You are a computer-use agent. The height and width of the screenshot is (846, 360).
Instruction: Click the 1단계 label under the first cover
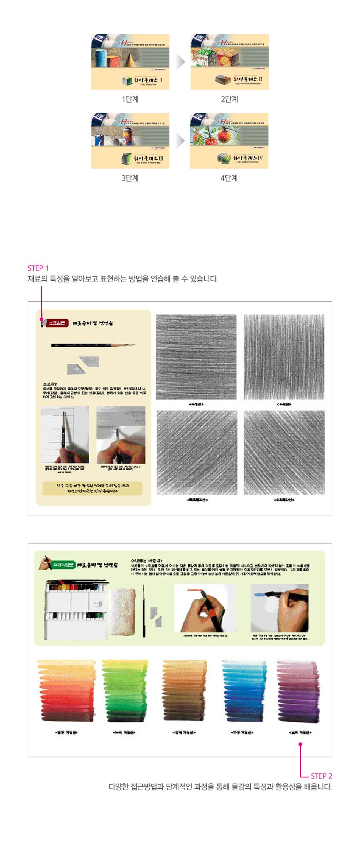point(130,99)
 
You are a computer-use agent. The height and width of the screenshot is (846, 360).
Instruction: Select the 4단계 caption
point(229,178)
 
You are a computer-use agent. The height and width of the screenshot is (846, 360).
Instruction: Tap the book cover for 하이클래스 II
point(229,62)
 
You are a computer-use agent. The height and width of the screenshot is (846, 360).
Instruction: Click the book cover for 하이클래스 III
point(130,141)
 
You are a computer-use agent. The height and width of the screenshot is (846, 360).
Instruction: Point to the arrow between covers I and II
point(180,62)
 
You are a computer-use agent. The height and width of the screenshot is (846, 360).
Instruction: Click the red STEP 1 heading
point(38,268)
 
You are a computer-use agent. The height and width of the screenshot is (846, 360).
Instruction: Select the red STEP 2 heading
point(321,776)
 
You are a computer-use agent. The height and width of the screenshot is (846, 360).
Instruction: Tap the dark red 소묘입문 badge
point(56,323)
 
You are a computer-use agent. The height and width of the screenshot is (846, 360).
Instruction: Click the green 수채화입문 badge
point(63,564)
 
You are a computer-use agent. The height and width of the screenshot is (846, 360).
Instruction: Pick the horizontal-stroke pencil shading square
point(196,357)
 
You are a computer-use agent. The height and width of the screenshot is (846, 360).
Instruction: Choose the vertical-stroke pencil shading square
point(284,357)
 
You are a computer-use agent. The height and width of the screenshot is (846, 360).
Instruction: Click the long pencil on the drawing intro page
point(93,345)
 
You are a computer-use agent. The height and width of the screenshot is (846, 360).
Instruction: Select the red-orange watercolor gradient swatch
point(66,691)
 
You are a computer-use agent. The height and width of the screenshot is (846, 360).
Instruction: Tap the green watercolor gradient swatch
point(124,691)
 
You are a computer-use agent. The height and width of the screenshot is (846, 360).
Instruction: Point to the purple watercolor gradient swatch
point(298,691)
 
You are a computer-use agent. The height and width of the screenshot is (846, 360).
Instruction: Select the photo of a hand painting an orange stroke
point(205,608)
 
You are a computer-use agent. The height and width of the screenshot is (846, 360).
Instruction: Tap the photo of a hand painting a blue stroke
point(279,608)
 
